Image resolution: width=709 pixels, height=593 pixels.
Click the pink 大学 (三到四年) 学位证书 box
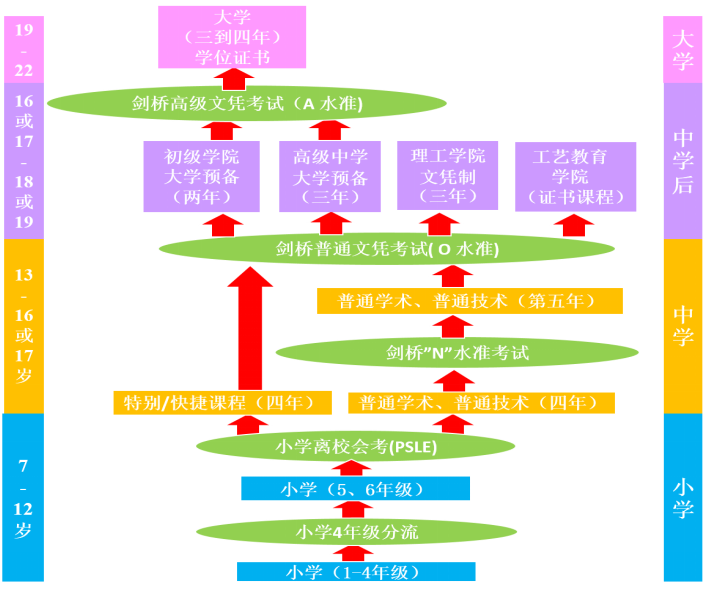coord(232,37)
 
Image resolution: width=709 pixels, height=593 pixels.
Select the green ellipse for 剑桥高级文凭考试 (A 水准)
coord(247,104)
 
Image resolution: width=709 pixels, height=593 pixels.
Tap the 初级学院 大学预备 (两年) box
coord(202,176)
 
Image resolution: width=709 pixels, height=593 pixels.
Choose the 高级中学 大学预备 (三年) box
coord(330,176)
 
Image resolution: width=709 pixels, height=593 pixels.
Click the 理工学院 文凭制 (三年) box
coord(448,176)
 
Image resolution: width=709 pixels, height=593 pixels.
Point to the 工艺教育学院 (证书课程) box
coord(576,176)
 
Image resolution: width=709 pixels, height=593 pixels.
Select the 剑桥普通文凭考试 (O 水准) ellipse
coord(387,249)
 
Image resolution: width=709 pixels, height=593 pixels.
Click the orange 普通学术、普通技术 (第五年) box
coord(470,301)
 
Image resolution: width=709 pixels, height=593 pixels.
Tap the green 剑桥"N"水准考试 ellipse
coord(457,352)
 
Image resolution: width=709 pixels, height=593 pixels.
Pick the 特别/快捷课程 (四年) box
coord(222,403)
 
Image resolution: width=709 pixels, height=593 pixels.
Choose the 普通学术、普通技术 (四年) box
coord(482,403)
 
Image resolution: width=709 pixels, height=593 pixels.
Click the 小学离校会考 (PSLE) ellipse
coord(355,446)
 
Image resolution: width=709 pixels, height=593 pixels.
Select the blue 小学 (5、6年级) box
coord(355,489)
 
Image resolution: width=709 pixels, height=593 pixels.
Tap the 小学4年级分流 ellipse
coord(356,531)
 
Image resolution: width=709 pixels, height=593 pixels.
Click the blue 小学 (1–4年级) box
coord(356,572)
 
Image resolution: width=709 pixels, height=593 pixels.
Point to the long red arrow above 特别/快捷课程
coord(250,328)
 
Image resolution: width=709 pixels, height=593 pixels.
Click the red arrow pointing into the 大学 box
coord(234,79)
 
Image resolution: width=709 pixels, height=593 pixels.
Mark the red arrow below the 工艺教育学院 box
coord(574,225)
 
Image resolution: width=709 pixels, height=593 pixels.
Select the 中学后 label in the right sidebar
coord(683,161)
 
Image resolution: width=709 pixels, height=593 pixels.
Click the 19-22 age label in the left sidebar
coord(24,50)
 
